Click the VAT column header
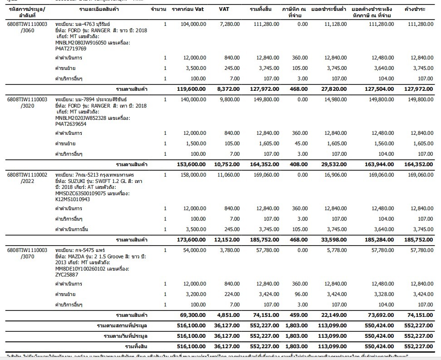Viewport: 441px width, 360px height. pyautogui.click(x=224, y=9)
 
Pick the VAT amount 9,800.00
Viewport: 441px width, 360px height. pyautogui.click(x=229, y=99)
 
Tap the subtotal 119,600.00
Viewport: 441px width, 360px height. pyautogui.click(x=192, y=89)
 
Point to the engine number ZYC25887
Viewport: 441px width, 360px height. pyautogui.click(x=67, y=274)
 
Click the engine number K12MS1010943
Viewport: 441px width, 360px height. pyautogui.click(x=73, y=199)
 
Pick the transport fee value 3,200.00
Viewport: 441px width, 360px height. pyautogui.click(x=196, y=295)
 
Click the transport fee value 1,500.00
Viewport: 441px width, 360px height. pyautogui.click(x=196, y=143)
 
